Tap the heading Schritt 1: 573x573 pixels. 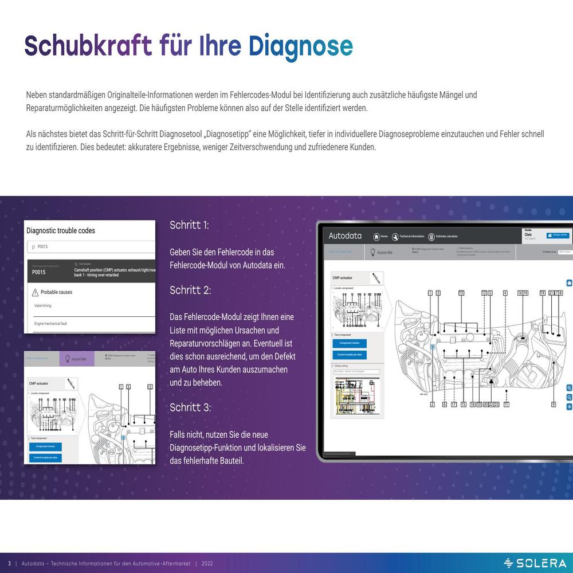tap(189, 225)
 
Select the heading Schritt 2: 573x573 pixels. tap(190, 291)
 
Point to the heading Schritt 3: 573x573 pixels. tap(190, 407)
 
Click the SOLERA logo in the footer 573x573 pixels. tap(535, 563)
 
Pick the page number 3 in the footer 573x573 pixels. tap(9, 564)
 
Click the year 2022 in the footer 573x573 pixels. tap(207, 564)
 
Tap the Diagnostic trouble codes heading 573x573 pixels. tap(61, 230)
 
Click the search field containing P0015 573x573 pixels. tap(92, 247)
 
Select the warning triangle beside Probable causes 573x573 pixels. tap(34, 292)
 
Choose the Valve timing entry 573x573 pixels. tap(43, 306)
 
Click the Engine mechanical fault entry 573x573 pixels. tap(50, 324)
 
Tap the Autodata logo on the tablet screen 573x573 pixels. tap(345, 236)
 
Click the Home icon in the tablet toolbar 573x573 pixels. tap(377, 236)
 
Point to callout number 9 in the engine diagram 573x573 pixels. tap(554, 404)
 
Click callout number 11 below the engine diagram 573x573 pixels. tap(507, 404)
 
